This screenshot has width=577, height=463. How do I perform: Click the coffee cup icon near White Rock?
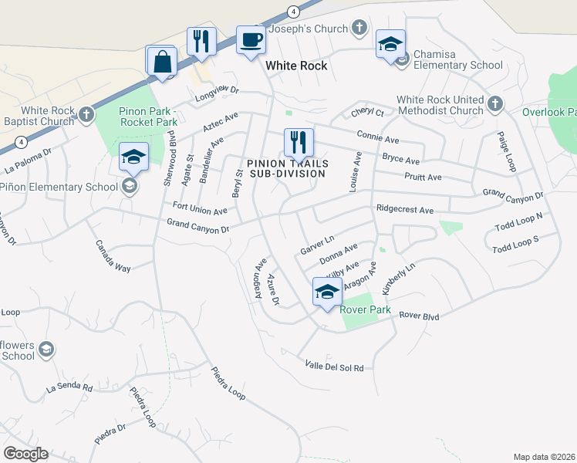coord(250,40)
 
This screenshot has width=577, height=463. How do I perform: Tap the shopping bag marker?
coord(164,62)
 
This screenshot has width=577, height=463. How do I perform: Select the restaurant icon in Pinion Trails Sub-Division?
coord(298,143)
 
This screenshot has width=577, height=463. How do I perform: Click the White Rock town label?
coord(296,66)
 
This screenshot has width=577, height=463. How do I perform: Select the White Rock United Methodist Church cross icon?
coord(495,103)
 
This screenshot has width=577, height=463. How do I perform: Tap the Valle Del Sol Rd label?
coord(334,366)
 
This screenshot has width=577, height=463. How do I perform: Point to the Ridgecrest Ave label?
coord(405,210)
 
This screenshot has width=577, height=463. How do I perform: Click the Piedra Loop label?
coord(227,382)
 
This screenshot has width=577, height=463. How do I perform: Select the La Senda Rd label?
coord(69,388)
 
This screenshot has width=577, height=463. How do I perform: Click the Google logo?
coord(25,454)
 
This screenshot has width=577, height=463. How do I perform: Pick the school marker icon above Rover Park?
coord(327,292)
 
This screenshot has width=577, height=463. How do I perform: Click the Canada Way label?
coord(113,256)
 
